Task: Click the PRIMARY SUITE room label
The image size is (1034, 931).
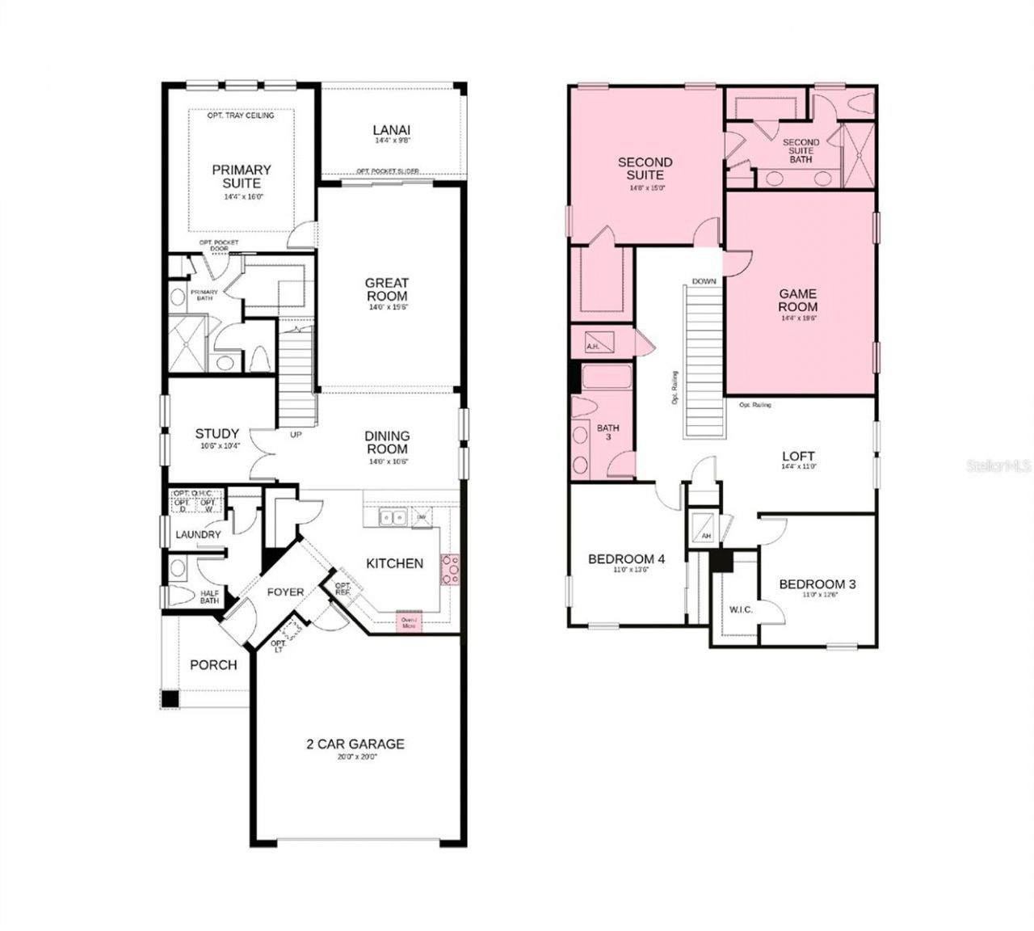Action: coord(241,176)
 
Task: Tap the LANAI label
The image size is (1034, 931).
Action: coord(392,129)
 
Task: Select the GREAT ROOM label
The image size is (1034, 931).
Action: coord(387,289)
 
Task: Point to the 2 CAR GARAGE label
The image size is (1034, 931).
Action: coord(355,744)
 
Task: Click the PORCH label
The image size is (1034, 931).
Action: coord(213,665)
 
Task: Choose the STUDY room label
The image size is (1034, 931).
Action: coord(216,434)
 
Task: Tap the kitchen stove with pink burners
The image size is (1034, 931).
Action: coord(449,570)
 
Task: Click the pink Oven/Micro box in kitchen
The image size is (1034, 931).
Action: coord(409,621)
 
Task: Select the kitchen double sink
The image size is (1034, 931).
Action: coord(394,517)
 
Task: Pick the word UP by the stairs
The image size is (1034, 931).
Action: coord(296,435)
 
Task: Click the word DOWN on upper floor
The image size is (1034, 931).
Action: coord(704,281)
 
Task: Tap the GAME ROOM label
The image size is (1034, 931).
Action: coord(797,300)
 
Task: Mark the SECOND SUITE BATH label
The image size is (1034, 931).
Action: coord(801,150)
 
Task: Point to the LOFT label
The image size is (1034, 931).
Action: coord(797,457)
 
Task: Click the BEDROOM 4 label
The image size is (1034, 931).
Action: coord(626,559)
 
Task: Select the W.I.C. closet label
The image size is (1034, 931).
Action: coord(741,609)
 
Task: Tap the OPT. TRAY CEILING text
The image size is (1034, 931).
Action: coord(241,116)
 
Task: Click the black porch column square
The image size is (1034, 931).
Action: coord(170,699)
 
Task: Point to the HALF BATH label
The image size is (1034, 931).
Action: coord(209,596)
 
